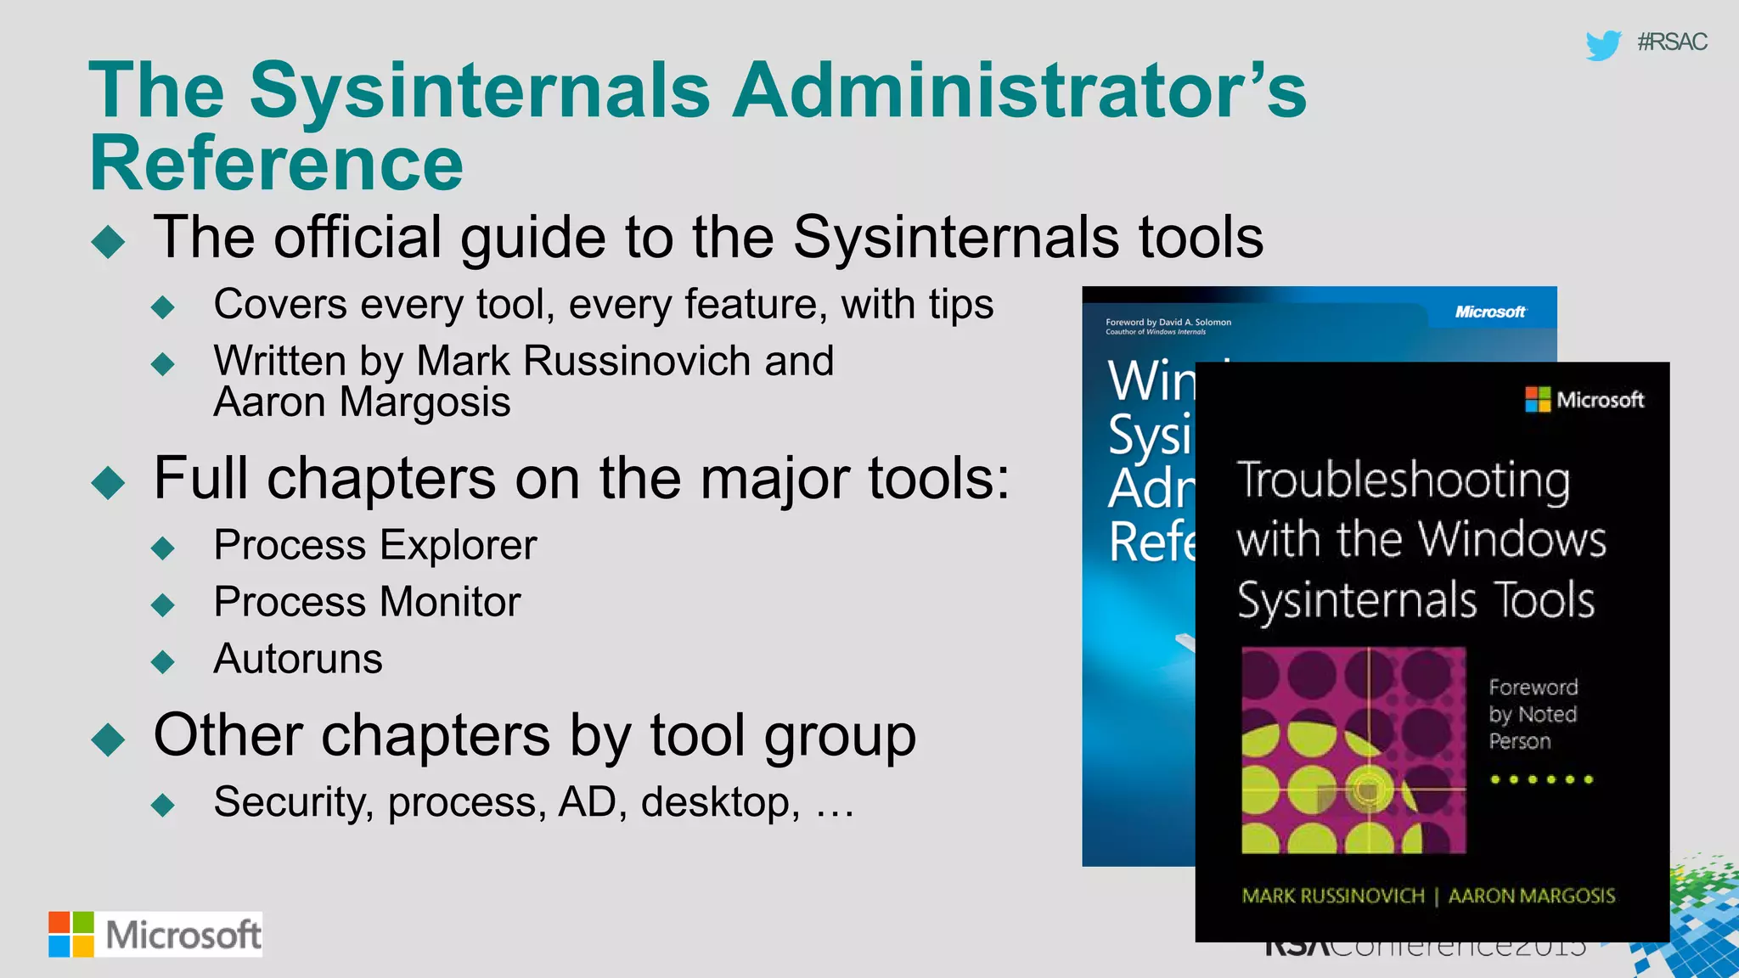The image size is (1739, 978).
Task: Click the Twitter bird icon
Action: [x=1602, y=44]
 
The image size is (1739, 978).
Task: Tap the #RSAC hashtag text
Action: [x=1671, y=42]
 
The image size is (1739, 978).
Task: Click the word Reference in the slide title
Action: [x=277, y=163]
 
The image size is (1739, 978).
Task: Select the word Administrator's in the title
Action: [x=1020, y=90]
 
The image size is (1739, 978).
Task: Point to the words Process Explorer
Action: [x=375, y=544]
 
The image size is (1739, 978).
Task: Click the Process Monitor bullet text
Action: [x=367, y=602]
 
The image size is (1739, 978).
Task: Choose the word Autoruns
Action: [x=298, y=659]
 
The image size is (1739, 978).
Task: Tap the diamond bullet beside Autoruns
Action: [x=162, y=661]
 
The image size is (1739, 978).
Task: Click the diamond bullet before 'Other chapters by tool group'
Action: [x=108, y=739]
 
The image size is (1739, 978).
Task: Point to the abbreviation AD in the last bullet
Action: [x=587, y=802]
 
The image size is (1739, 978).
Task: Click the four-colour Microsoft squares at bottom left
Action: [x=71, y=934]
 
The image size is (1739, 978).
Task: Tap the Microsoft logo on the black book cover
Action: [x=1584, y=399]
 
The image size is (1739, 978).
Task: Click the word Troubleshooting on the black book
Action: [x=1404, y=481]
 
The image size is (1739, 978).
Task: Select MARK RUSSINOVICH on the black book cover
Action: [x=1333, y=896]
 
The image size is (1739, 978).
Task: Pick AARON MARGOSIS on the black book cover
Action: [x=1531, y=896]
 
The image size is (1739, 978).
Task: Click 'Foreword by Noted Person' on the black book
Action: [x=1533, y=714]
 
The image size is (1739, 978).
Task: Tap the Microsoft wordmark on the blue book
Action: [x=1490, y=312]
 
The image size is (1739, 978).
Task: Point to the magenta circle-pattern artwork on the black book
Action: [x=1353, y=750]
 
